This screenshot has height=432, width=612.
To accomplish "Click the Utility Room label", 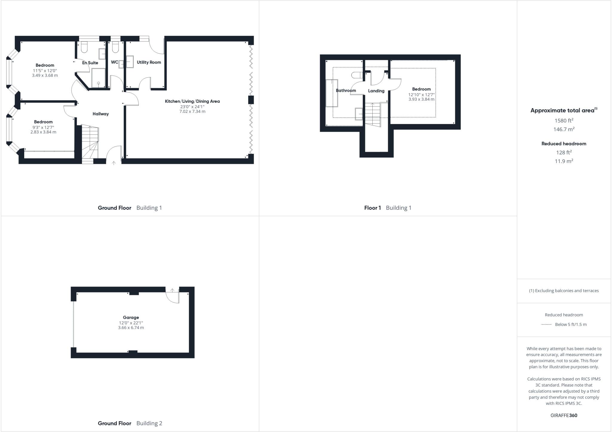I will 149,62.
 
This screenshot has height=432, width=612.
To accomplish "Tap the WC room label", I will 114,62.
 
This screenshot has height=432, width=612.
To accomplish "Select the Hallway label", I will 100,114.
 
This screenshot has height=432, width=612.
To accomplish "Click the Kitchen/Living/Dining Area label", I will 192,101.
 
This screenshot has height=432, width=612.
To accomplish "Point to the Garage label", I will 131,318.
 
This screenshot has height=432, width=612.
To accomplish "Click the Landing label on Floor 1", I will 376,91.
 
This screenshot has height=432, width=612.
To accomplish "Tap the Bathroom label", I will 346,91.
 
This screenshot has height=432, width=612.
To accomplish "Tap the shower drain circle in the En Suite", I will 98,83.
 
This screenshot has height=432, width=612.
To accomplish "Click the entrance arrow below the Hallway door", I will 114,163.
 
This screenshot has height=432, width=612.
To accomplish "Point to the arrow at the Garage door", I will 172,290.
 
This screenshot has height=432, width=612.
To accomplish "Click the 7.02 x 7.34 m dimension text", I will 192,111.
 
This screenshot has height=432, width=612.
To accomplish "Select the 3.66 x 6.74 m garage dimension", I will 131,328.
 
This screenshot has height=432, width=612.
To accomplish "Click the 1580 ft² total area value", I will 564,121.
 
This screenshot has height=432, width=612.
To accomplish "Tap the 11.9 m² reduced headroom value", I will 564,161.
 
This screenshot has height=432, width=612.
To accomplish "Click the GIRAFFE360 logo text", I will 564,415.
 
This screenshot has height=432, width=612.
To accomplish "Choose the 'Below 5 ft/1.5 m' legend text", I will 570,324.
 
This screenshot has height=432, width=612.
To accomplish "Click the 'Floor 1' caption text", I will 372,208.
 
